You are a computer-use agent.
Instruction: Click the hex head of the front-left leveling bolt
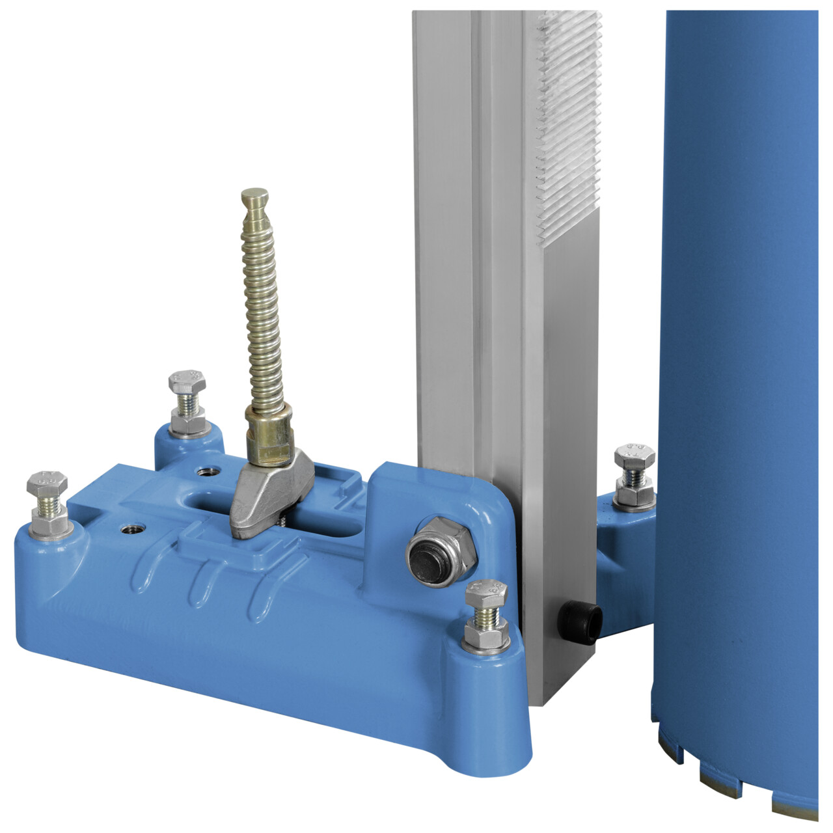tap(46, 484)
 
